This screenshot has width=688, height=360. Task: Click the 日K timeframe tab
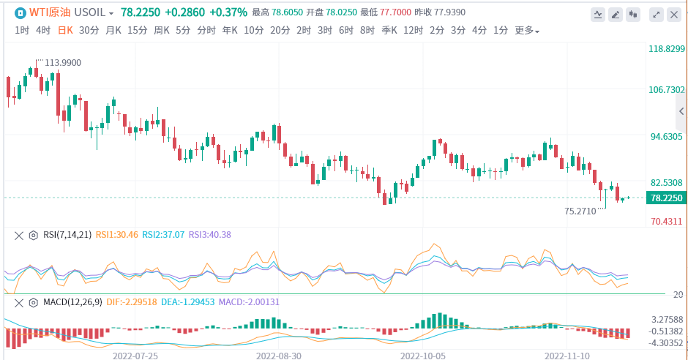(x=65, y=30)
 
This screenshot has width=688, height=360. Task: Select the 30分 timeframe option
(x=89, y=30)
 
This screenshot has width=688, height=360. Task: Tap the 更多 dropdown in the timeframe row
(x=527, y=31)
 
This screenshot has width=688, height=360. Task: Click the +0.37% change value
(x=228, y=13)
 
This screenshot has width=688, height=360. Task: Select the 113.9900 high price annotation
(x=63, y=63)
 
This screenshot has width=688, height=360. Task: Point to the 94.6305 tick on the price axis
(x=665, y=136)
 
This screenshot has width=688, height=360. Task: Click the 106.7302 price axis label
(x=665, y=90)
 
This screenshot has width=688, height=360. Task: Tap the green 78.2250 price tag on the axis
(x=665, y=198)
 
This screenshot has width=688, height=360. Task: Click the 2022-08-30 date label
(x=279, y=355)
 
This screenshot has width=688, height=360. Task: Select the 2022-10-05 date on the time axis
(x=423, y=355)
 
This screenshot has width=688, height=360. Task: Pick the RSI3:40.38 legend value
(x=210, y=235)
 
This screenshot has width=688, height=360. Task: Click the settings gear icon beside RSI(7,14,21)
(x=33, y=235)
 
